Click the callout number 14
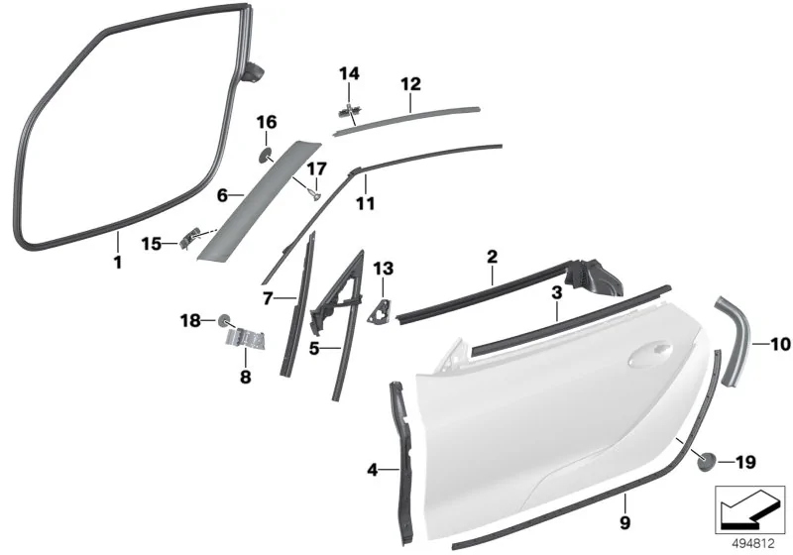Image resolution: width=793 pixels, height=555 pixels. [x=349, y=73]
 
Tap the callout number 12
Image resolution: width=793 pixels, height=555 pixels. [x=410, y=83]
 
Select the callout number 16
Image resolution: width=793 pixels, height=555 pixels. [x=267, y=122]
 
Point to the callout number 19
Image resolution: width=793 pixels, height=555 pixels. [x=744, y=462]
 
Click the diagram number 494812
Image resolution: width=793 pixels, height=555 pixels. [x=753, y=544]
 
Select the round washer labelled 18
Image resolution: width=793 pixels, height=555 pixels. [x=223, y=320]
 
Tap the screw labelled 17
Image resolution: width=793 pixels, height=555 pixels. [x=313, y=193]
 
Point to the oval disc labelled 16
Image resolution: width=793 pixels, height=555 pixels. [x=265, y=156]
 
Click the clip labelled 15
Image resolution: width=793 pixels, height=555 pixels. [x=188, y=237]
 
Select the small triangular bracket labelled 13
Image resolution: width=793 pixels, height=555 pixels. [x=381, y=310]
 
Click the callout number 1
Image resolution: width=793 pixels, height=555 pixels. [x=117, y=263]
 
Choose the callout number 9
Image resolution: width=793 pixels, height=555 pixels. [x=625, y=522]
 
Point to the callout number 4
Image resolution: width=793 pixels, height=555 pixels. [x=373, y=470]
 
